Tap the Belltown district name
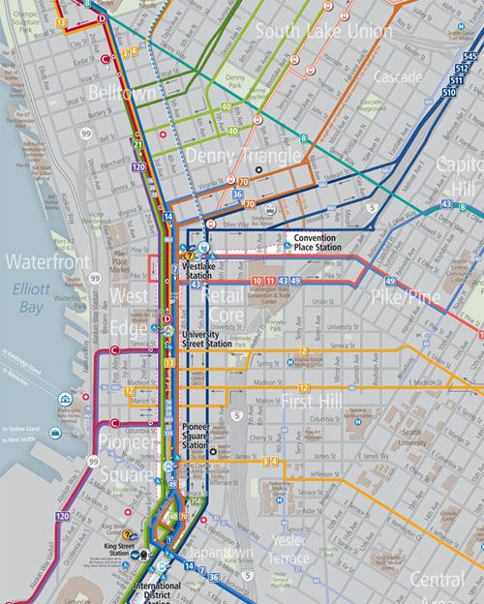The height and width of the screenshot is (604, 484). point(123,94)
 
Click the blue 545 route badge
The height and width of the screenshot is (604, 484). point(470,58)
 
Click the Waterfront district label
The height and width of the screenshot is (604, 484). point(46,262)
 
